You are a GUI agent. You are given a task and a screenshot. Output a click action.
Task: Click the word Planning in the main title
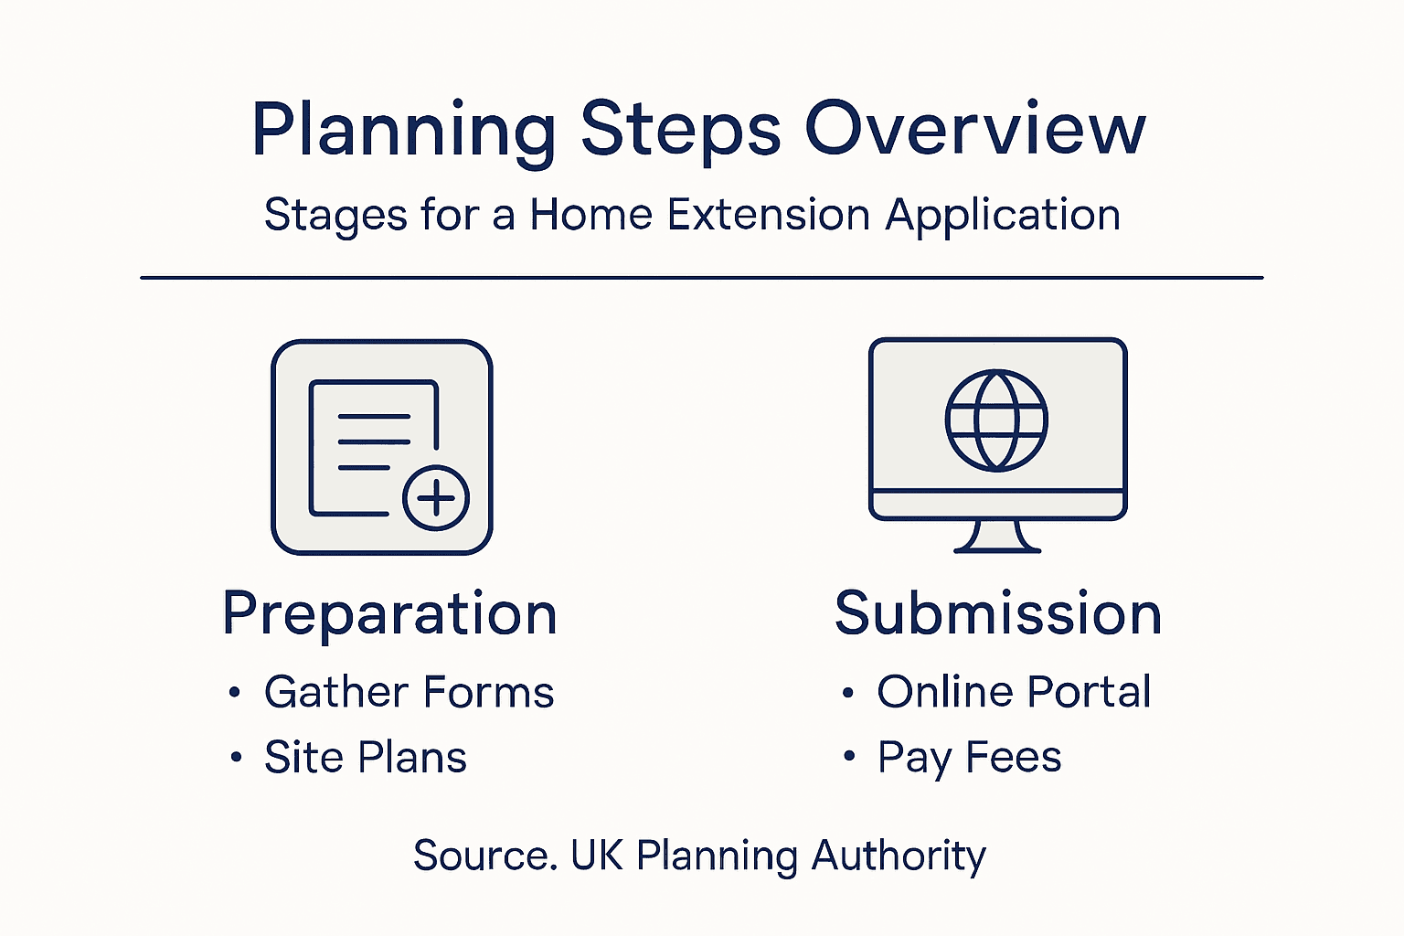[x=403, y=130]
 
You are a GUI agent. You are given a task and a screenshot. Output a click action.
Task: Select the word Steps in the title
[x=681, y=130]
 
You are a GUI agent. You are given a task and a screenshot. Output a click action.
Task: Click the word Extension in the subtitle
[x=768, y=216]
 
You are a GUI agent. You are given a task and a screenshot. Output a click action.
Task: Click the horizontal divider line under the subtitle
[x=701, y=277]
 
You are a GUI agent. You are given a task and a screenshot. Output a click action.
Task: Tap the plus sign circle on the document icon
[x=436, y=498]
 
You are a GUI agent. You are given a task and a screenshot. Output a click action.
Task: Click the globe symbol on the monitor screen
[x=996, y=420]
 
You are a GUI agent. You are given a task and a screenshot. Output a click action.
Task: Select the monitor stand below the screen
[x=997, y=537]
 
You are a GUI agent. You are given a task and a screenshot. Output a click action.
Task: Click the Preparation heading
[x=389, y=614]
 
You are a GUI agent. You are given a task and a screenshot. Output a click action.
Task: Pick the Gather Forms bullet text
[x=409, y=692]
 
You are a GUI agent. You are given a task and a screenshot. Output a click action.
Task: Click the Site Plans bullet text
[x=366, y=758]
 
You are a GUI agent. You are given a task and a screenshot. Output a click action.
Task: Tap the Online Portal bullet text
[x=1014, y=692]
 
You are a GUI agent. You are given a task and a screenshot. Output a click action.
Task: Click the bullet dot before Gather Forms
[x=235, y=693]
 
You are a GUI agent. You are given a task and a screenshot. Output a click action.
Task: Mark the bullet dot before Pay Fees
[x=848, y=757]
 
